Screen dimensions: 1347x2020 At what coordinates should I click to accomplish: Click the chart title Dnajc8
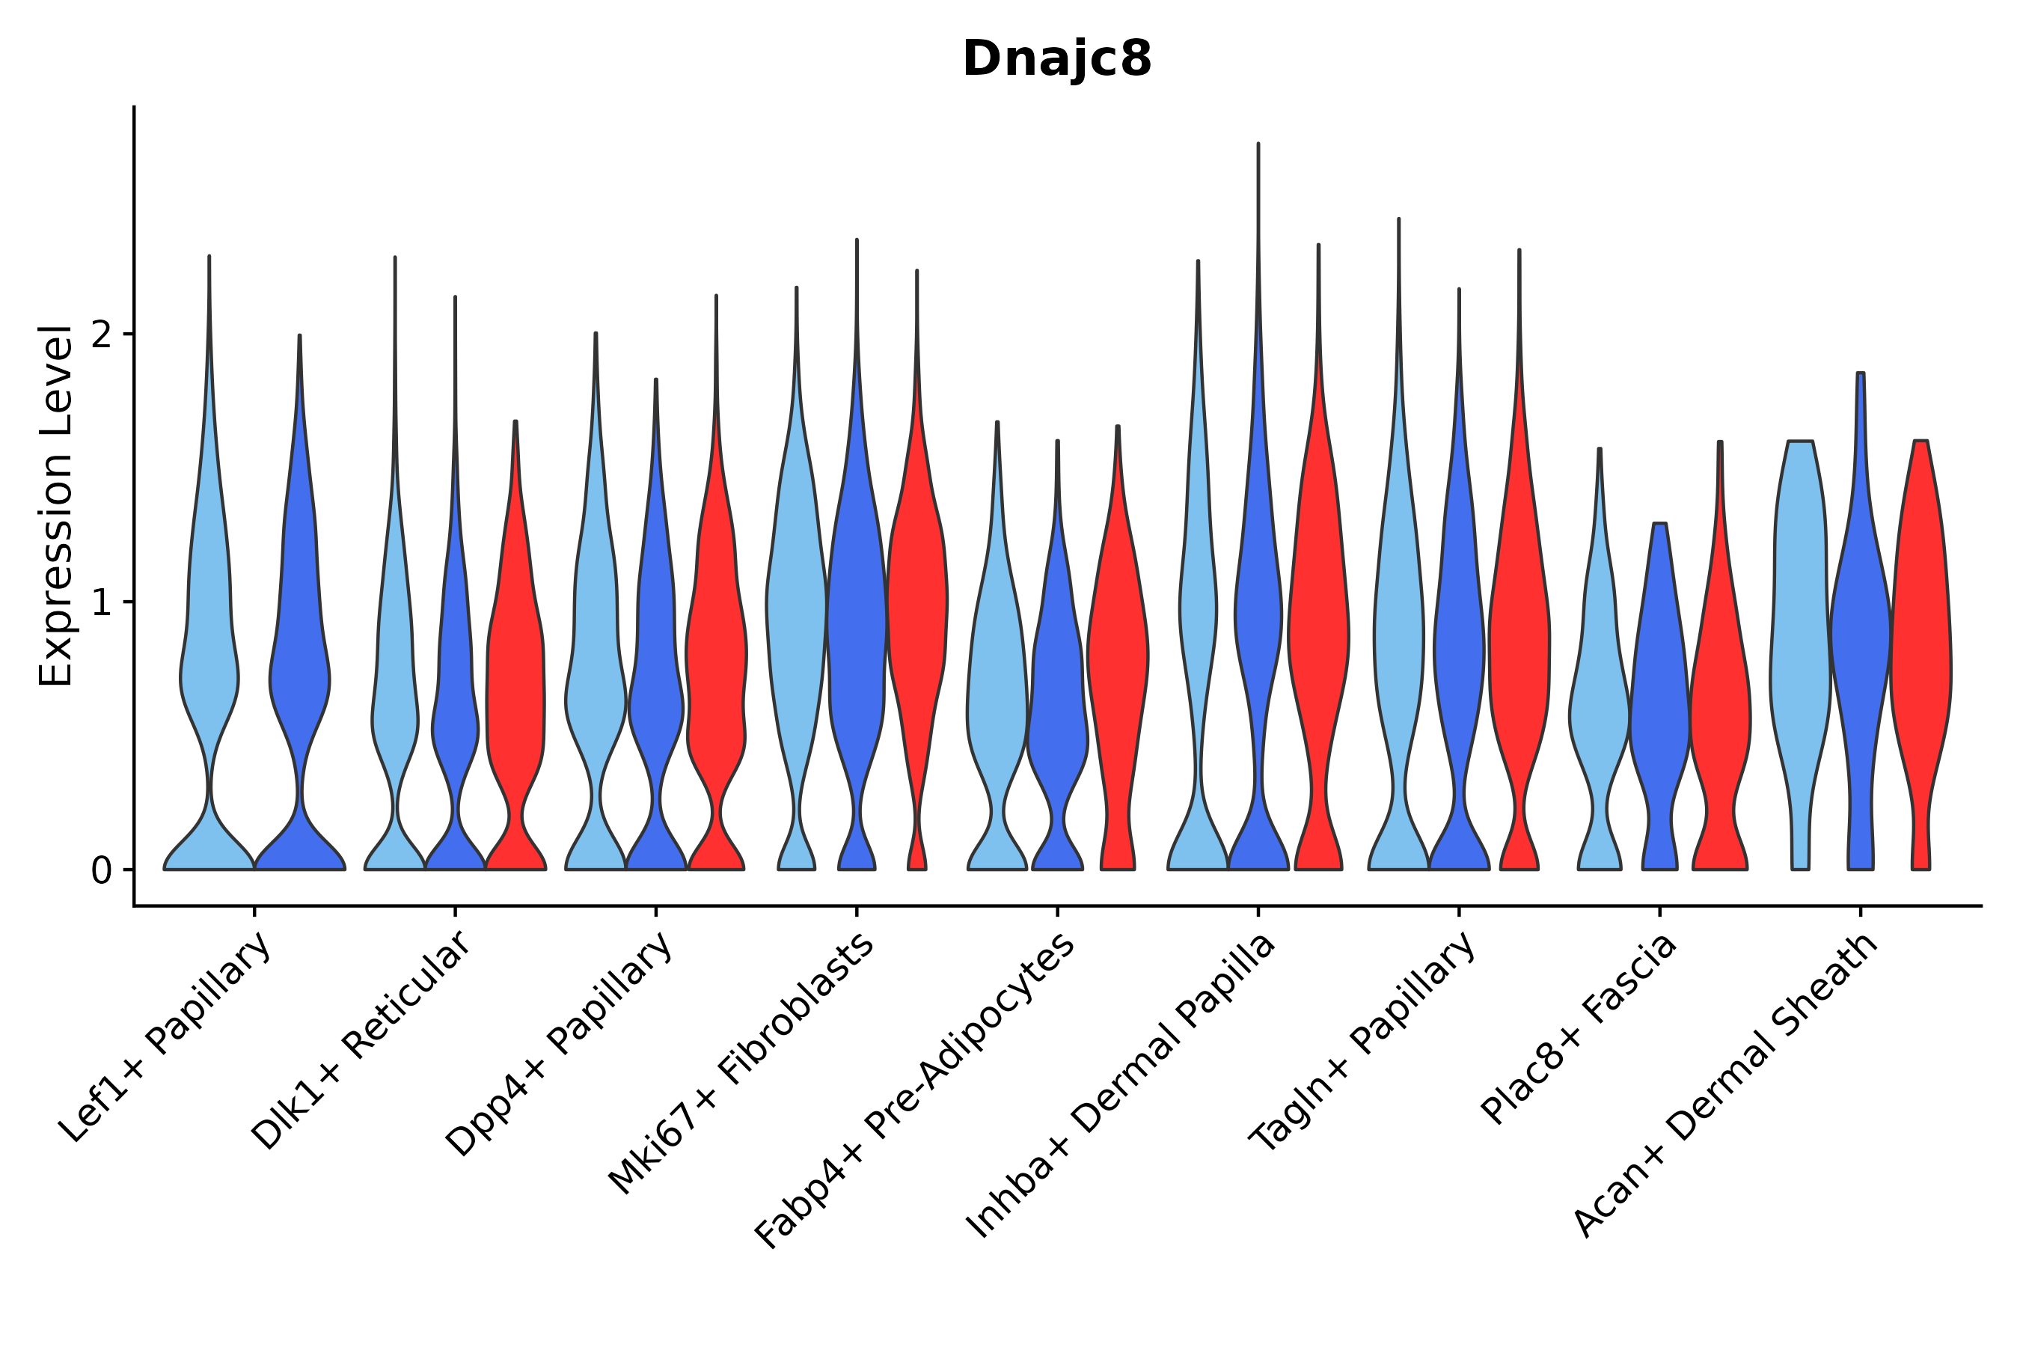[x=1056, y=59]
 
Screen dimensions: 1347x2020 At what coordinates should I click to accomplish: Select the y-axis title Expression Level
[x=56, y=506]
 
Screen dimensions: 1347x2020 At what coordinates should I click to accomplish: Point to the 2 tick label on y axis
[x=101, y=335]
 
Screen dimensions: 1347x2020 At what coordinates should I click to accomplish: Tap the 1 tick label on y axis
[x=101, y=603]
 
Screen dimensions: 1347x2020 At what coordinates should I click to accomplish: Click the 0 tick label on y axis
[x=101, y=871]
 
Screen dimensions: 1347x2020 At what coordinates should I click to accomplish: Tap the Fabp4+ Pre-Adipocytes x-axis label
[x=916, y=1091]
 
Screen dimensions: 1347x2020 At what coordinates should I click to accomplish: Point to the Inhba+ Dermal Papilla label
[x=1121, y=1086]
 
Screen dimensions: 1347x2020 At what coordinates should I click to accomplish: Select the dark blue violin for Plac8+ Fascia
[x=1659, y=687]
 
